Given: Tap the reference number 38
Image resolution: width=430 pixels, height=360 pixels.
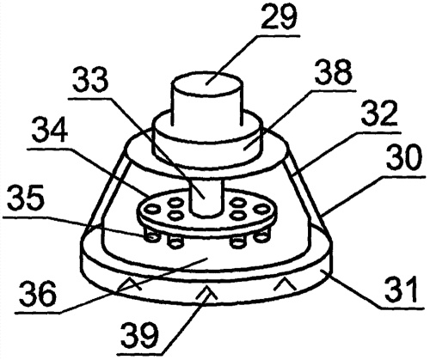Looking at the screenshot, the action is (333, 72).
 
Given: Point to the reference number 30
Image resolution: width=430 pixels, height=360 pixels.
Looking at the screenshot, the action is (404, 158).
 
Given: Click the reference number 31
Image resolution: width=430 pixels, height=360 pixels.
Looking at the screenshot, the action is (401, 289).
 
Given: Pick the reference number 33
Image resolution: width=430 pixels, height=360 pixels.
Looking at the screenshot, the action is (90, 79).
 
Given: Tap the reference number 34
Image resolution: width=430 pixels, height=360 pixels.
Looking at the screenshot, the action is (50, 131).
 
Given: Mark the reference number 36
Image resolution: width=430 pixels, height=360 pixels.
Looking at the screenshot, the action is (38, 293).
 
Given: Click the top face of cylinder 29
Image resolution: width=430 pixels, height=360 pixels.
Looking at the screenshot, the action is (207, 85).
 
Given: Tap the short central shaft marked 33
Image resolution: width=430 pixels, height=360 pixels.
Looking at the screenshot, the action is (206, 198).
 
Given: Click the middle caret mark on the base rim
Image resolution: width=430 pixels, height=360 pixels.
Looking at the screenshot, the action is (207, 294).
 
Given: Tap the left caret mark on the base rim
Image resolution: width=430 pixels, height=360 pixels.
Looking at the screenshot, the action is (132, 284).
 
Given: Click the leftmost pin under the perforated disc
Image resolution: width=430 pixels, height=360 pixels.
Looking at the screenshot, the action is (151, 235).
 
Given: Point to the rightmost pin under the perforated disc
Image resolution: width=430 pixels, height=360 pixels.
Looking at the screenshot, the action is (261, 235).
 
